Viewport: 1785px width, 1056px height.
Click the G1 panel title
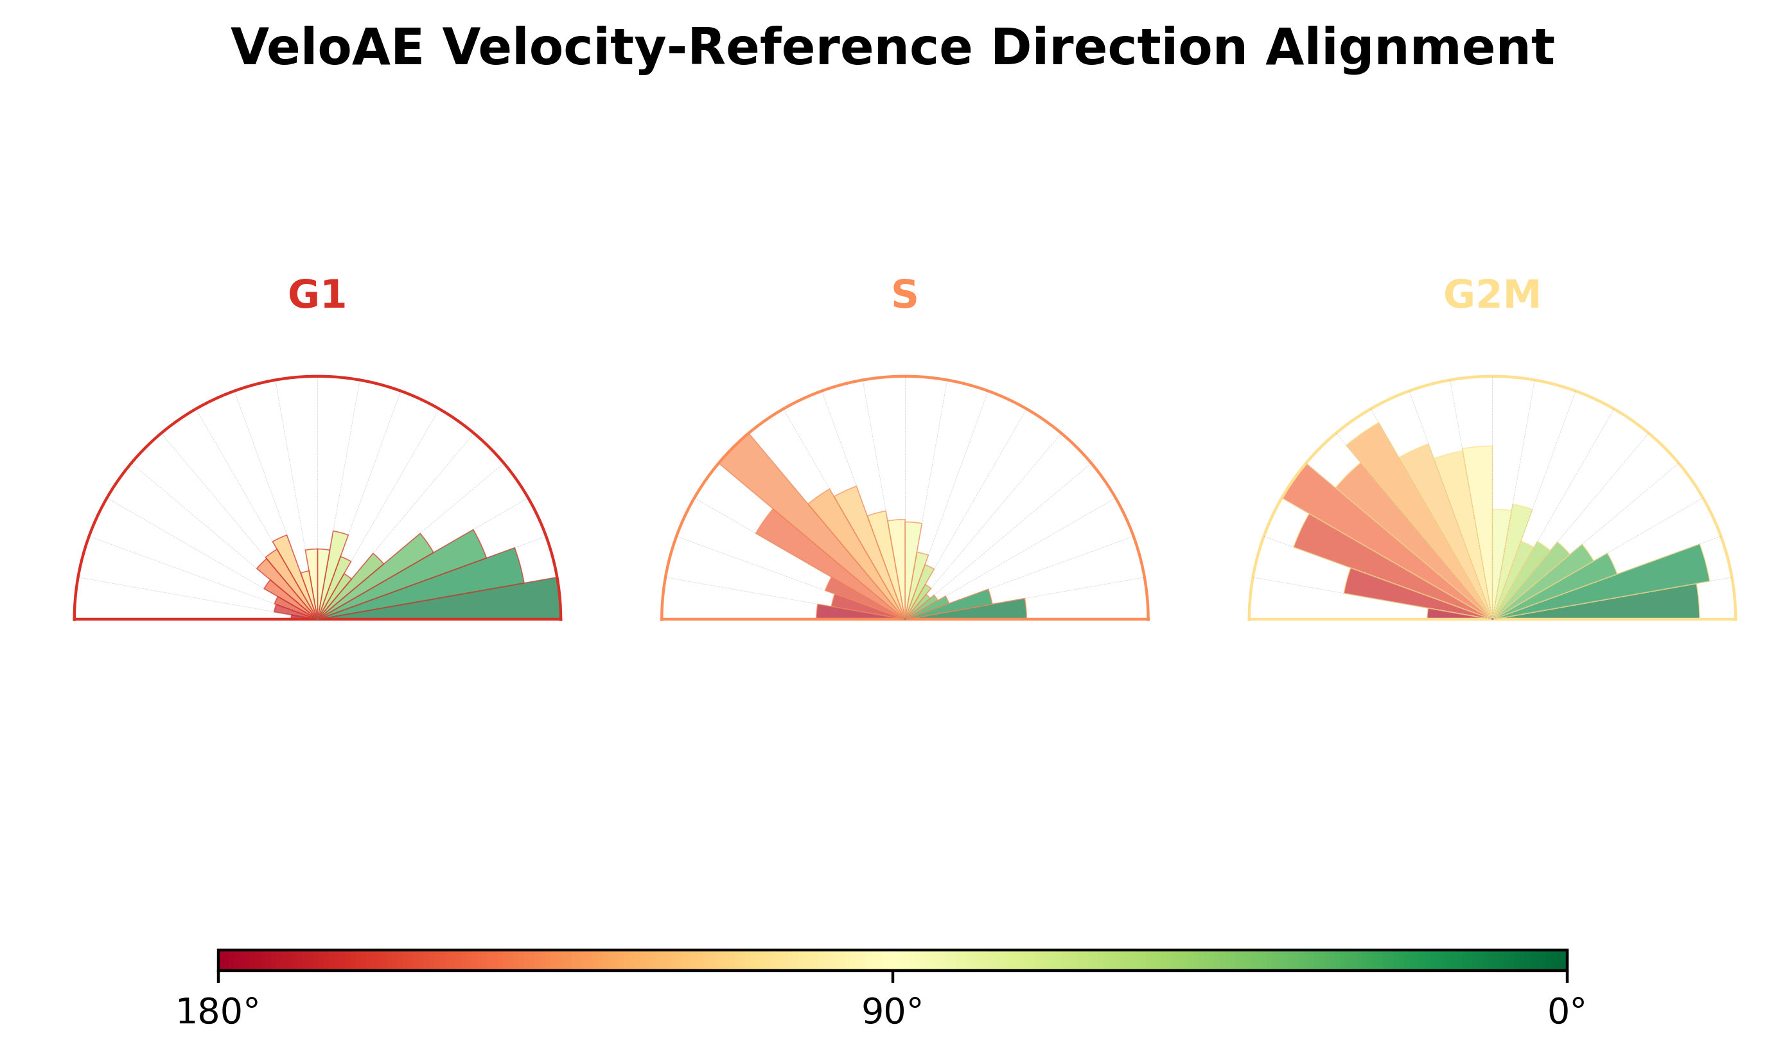click(x=317, y=295)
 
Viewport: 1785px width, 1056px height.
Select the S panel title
click(x=904, y=295)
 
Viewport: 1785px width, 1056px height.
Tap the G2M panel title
click(x=1492, y=295)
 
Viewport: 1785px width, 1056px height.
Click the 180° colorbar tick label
click(x=218, y=1012)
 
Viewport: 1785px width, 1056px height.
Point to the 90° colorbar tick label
click(x=892, y=1012)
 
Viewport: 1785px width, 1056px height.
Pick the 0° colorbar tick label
click(x=1567, y=1012)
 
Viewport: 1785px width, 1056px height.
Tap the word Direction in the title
click(x=1119, y=48)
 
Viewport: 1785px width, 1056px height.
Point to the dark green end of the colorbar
click(x=1558, y=960)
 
